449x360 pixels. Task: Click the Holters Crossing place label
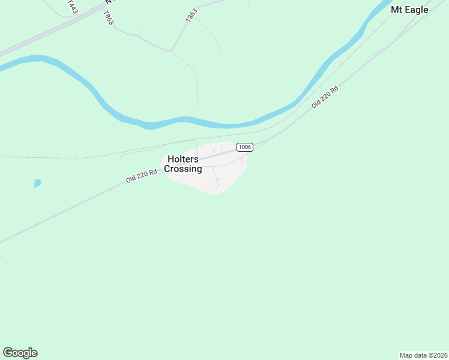click(183, 164)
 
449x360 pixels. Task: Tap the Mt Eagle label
click(409, 10)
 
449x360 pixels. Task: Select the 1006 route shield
click(244, 147)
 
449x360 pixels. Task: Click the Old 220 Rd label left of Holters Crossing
click(142, 175)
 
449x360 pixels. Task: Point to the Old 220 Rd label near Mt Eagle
click(325, 97)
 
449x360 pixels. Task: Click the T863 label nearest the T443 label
click(108, 17)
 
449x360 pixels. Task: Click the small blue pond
click(37, 184)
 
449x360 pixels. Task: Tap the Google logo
click(20, 353)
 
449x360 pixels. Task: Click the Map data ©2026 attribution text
click(423, 355)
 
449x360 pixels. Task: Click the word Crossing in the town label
click(183, 169)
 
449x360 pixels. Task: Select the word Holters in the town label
click(183, 159)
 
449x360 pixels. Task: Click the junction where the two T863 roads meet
click(172, 50)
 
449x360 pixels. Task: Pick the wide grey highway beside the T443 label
click(48, 34)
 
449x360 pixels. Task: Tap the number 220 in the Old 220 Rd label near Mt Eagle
click(326, 96)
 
